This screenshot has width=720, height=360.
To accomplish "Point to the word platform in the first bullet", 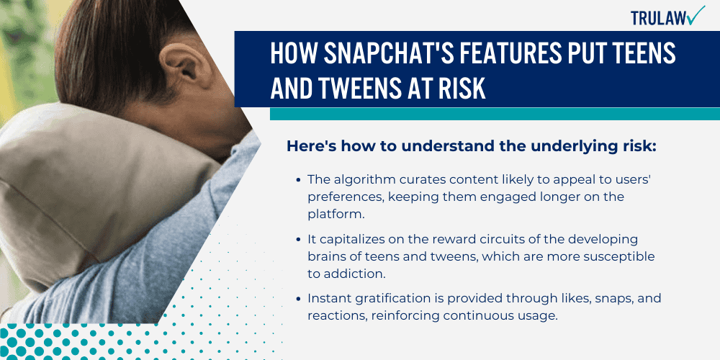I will tap(331, 213).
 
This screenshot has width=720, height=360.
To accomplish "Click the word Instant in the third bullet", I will tap(328, 299).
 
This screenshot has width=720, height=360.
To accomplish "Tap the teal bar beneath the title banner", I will tap(495, 114).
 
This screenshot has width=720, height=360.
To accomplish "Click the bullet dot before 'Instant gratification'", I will tap(298, 299).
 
